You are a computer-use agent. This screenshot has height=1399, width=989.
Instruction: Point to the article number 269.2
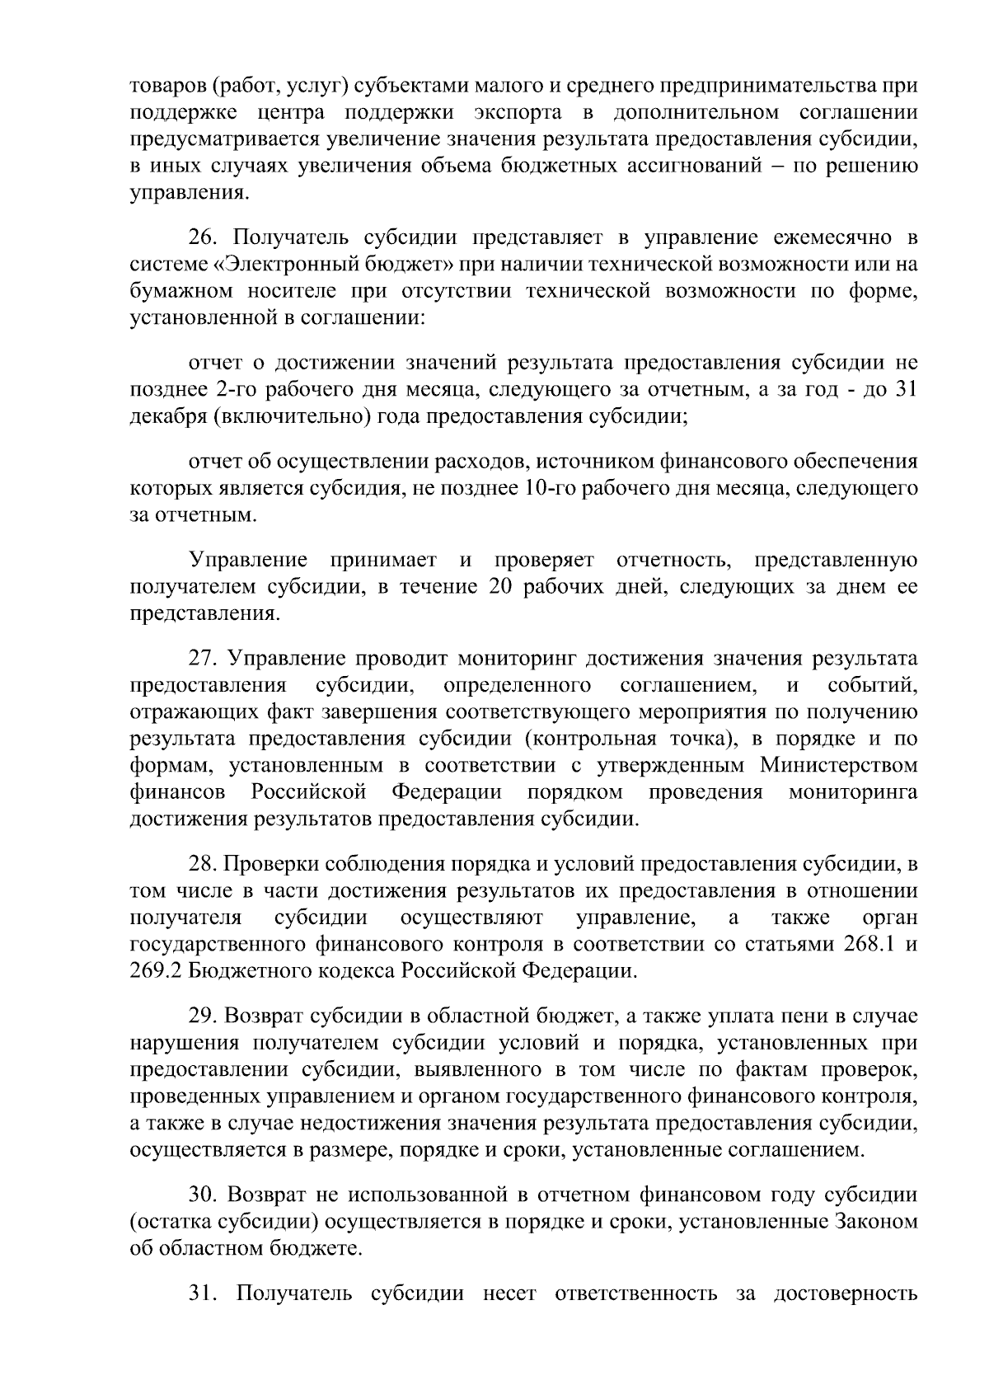(157, 970)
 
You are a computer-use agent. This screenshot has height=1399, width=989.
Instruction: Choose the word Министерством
(838, 766)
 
